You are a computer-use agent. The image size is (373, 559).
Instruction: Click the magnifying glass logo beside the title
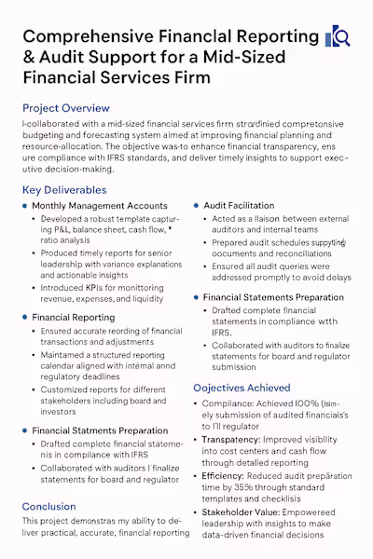click(x=336, y=37)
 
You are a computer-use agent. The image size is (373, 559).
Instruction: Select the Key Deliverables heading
click(x=63, y=190)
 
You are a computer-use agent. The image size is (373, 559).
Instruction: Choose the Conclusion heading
click(x=48, y=507)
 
